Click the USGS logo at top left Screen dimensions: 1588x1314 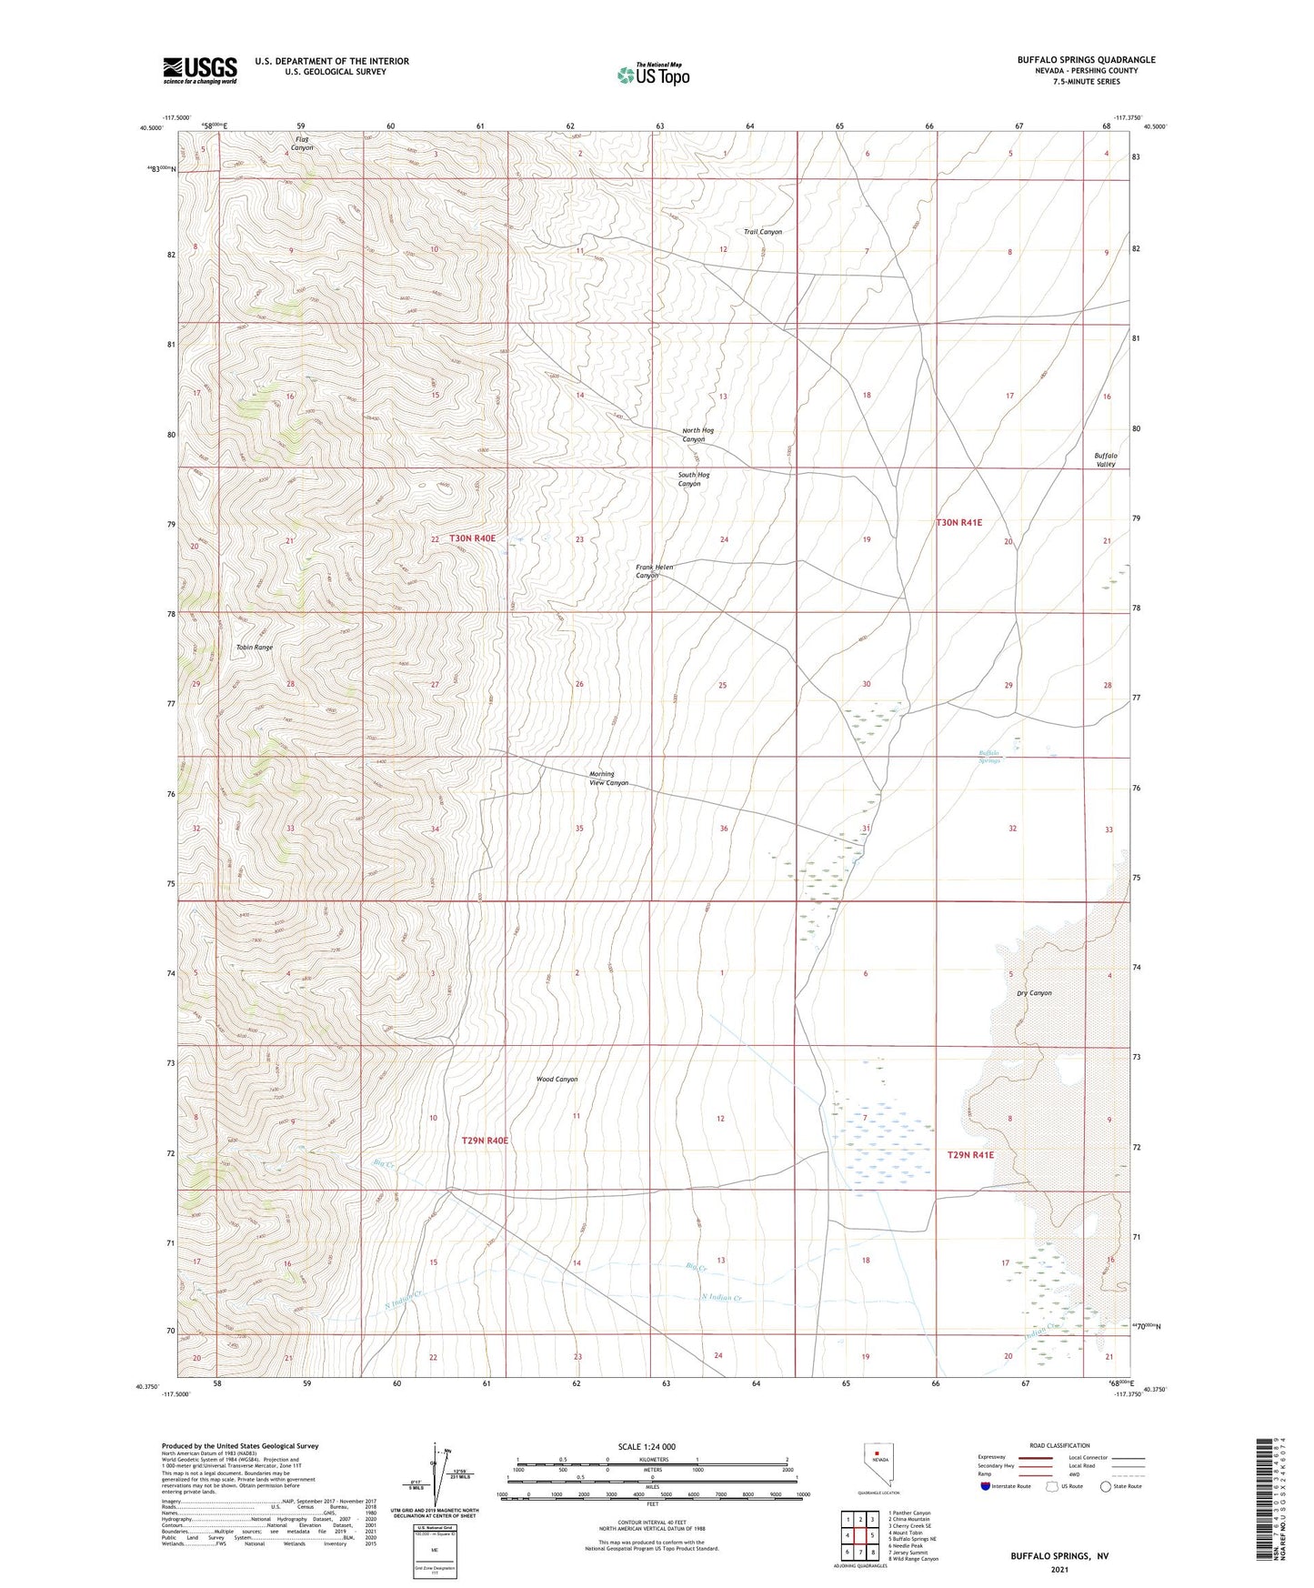pyautogui.click(x=200, y=69)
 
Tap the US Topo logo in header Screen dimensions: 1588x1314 pyautogui.click(x=652, y=75)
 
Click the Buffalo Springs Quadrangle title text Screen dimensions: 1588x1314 pyautogui.click(x=1086, y=60)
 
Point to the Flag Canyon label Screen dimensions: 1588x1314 pyautogui.click(x=302, y=144)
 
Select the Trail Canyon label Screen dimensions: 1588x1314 pyautogui.click(x=762, y=232)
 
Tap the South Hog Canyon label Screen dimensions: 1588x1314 pyautogui.click(x=693, y=479)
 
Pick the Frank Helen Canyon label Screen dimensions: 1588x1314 pyautogui.click(x=654, y=571)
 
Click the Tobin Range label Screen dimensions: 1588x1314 pyautogui.click(x=254, y=648)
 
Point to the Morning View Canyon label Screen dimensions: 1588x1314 pyautogui.click(x=608, y=779)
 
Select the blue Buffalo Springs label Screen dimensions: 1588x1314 pyautogui.click(x=989, y=757)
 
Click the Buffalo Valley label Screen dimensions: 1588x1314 pyautogui.click(x=1105, y=459)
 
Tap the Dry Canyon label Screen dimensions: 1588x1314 pyautogui.click(x=1034, y=993)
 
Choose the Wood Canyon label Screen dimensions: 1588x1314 pyautogui.click(x=557, y=1080)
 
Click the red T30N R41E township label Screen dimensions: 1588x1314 pyautogui.click(x=959, y=523)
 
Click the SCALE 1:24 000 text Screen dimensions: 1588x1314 pyautogui.click(x=646, y=1447)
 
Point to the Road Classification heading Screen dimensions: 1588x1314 pyautogui.click(x=1060, y=1445)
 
